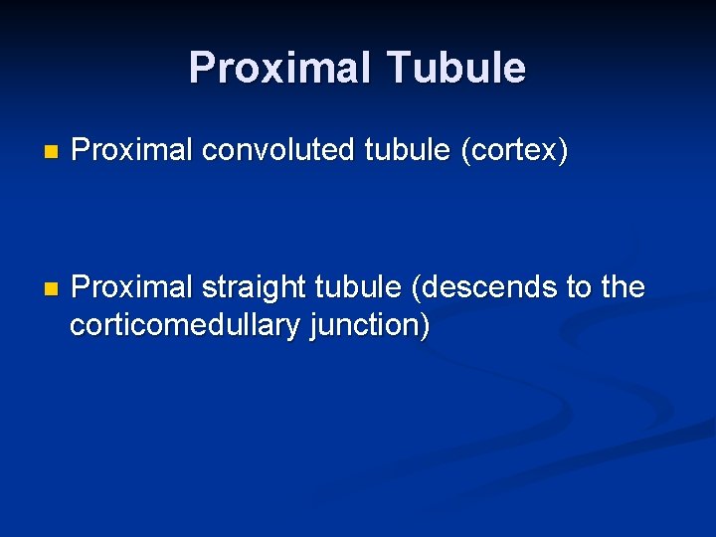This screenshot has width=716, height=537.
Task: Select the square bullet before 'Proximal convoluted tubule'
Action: click(52, 153)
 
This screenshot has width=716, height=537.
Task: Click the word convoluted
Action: click(280, 151)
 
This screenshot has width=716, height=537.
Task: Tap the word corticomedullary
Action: click(185, 326)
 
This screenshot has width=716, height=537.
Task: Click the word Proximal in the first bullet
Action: click(132, 151)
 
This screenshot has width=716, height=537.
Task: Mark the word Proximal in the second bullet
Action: click(132, 288)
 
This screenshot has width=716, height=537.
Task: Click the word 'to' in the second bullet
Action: click(579, 288)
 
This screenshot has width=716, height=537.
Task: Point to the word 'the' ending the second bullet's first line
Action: click(623, 288)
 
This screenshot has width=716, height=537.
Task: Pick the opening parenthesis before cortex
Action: click(463, 152)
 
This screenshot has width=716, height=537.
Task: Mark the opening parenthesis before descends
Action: click(414, 288)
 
